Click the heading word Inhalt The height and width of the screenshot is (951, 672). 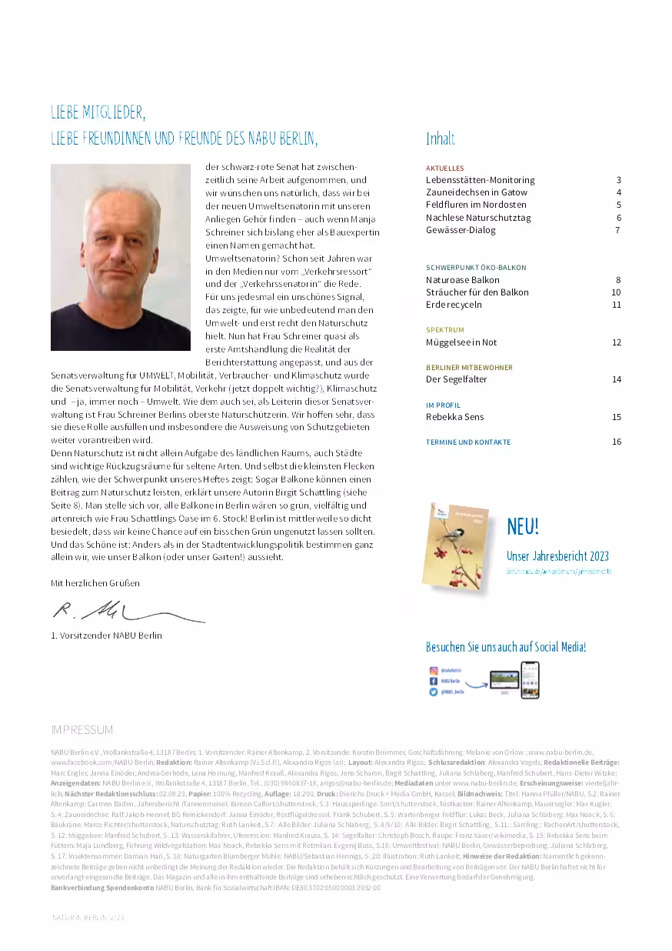coord(441,139)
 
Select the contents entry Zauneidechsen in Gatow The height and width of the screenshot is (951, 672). coord(477,192)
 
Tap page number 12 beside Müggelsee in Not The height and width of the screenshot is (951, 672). coord(616,342)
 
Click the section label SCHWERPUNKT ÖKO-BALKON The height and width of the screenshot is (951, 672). coord(476,268)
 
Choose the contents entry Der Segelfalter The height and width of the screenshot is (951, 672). coord(457,379)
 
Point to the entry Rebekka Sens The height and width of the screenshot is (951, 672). coord(455,417)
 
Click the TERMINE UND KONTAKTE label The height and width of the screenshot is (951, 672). coord(468,442)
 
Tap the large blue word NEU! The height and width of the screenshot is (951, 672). coord(523,527)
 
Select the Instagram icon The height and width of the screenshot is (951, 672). coord(434,671)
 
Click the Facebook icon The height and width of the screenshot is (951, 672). coord(434,682)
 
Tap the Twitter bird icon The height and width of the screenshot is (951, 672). coord(434,692)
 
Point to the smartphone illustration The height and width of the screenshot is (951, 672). coord(530,680)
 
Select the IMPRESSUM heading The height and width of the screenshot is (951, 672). coord(82,729)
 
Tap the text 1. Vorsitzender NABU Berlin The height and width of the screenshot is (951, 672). coord(106,636)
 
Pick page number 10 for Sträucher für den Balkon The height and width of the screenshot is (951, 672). coord(616,292)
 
